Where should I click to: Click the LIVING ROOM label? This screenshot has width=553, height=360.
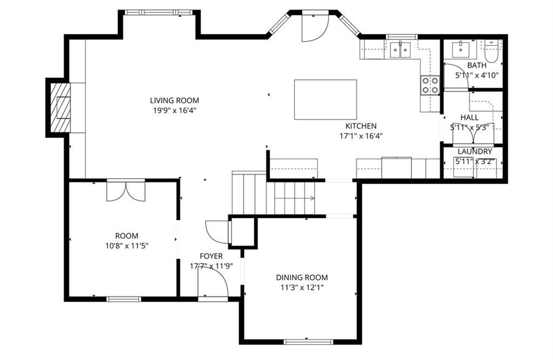coord(174,100)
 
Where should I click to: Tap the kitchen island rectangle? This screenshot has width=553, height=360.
coord(325,99)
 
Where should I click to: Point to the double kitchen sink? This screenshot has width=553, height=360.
coord(401,50)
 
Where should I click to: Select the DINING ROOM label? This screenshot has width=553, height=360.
coord(302,277)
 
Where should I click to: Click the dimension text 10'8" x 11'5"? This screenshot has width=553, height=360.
coord(126,246)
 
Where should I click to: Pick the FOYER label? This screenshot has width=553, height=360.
coord(211,256)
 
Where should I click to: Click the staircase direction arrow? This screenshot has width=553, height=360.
coord(294,199)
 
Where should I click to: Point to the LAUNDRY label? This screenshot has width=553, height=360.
coord(475,152)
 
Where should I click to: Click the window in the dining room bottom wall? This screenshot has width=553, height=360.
coord(308,341)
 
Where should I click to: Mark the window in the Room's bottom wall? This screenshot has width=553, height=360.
coord(124,299)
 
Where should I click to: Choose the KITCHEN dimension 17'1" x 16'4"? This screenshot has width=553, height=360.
coord(361,136)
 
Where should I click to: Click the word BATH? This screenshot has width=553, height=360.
coord(477,65)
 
